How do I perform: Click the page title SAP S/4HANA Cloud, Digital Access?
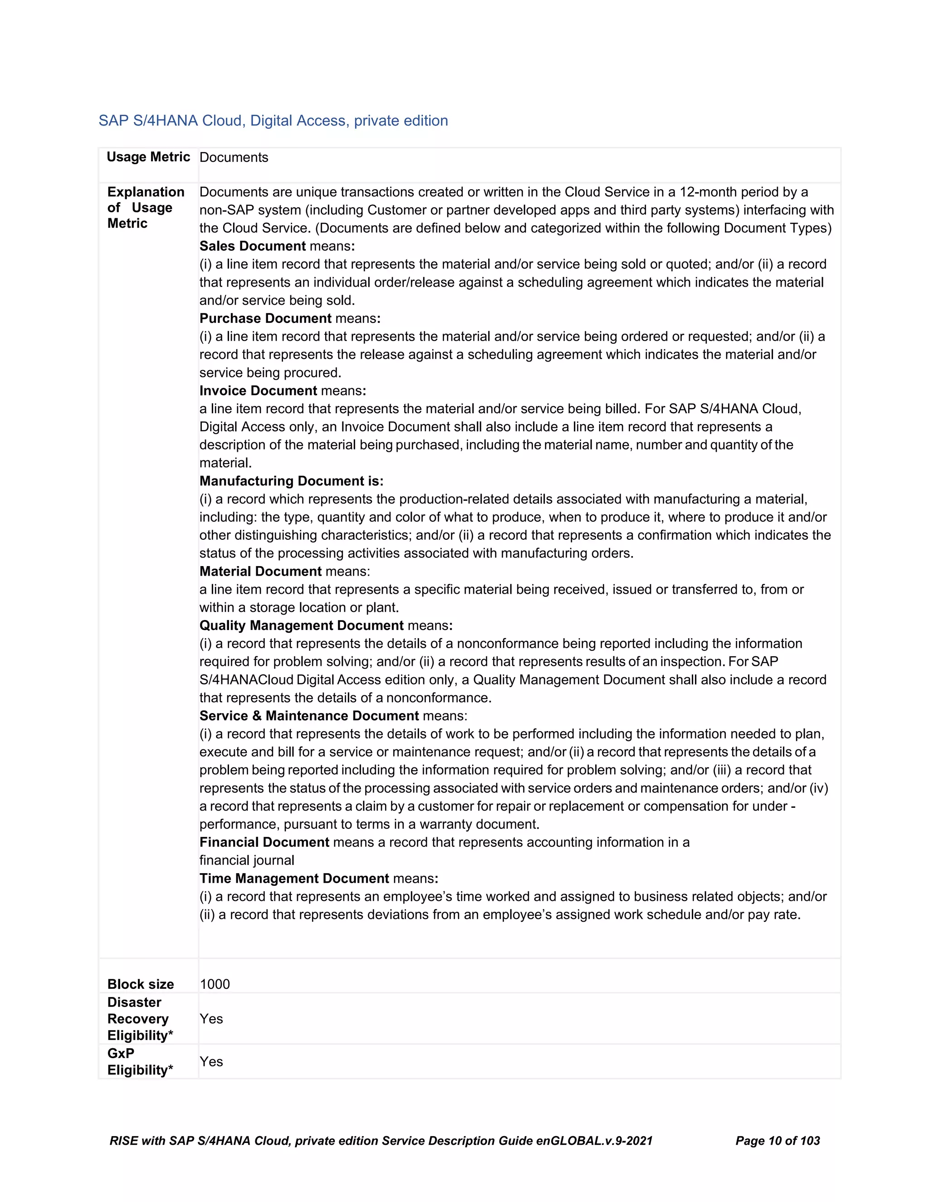click(273, 121)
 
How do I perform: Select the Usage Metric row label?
click(148, 157)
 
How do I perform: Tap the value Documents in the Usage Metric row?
click(233, 157)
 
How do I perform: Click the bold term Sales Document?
click(252, 246)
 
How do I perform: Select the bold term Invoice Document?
click(258, 391)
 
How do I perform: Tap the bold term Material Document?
click(260, 571)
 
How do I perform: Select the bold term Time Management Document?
click(294, 879)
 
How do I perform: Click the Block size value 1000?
click(215, 984)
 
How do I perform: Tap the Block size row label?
click(140, 984)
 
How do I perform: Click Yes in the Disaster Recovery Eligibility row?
click(211, 1019)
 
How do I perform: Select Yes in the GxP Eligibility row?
click(211, 1062)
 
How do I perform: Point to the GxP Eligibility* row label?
click(140, 1062)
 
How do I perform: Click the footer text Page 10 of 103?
click(777, 1141)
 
